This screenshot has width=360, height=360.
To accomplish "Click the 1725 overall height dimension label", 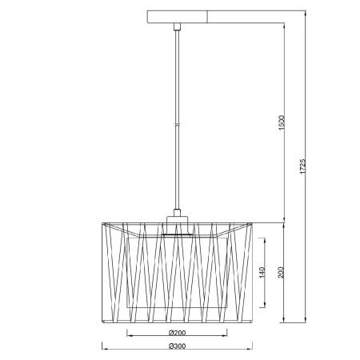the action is (x=302, y=166).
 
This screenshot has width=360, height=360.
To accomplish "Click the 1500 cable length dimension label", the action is (x=281, y=123).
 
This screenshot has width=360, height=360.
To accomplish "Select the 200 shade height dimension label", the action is (x=281, y=272).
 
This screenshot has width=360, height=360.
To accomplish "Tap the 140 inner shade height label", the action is (x=262, y=272).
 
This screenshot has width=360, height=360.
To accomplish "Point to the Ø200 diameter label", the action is (x=178, y=333).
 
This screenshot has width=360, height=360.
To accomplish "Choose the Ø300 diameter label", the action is (x=178, y=346).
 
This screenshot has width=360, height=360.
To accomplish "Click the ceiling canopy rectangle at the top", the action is (x=178, y=17).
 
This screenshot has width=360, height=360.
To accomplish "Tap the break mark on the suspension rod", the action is (x=178, y=125).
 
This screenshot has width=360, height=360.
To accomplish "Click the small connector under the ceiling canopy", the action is (x=178, y=26).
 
